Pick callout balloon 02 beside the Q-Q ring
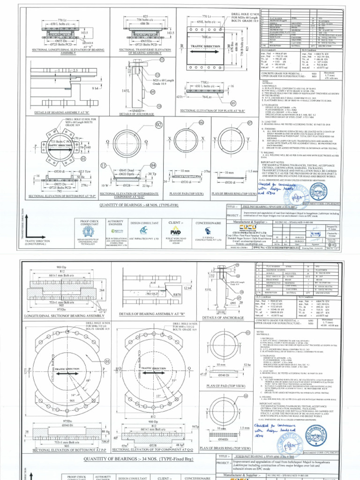tap(158, 125)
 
